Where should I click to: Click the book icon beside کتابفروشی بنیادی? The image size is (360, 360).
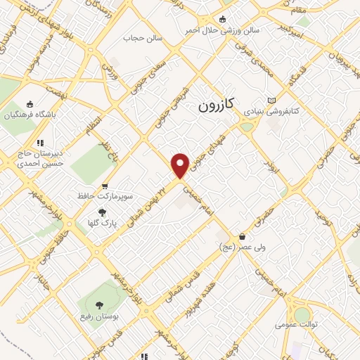point(271,100)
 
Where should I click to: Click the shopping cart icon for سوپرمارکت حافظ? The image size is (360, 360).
point(105,186)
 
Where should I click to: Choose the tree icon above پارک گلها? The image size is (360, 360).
point(102,212)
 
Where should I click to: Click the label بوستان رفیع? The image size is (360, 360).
point(98,317)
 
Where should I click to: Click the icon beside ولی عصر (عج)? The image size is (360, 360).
point(243,237)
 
